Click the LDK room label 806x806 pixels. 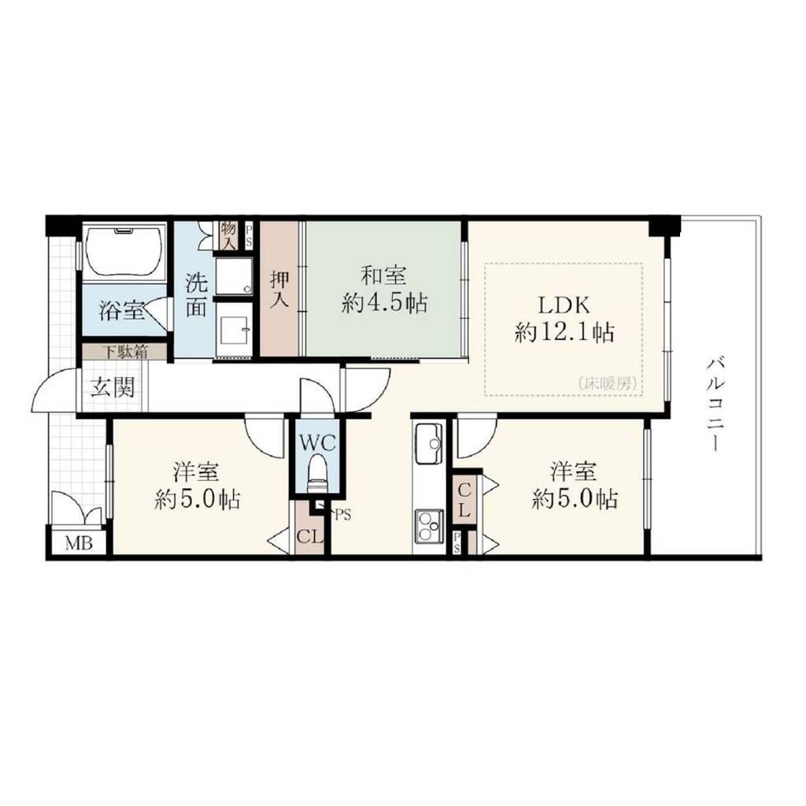(x=564, y=306)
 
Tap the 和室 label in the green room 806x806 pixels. (x=383, y=276)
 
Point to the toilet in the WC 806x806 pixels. (x=316, y=473)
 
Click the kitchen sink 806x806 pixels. (x=429, y=443)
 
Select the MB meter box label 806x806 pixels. (x=79, y=543)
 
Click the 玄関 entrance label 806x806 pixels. (x=113, y=386)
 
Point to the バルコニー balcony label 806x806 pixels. (x=715, y=405)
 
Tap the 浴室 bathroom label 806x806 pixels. (x=122, y=311)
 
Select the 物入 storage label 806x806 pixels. (x=228, y=235)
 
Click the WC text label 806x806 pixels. (x=317, y=442)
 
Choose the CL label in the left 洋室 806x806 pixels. (x=310, y=537)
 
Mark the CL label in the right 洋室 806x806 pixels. (x=464, y=500)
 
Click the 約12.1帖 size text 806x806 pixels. (x=564, y=333)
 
